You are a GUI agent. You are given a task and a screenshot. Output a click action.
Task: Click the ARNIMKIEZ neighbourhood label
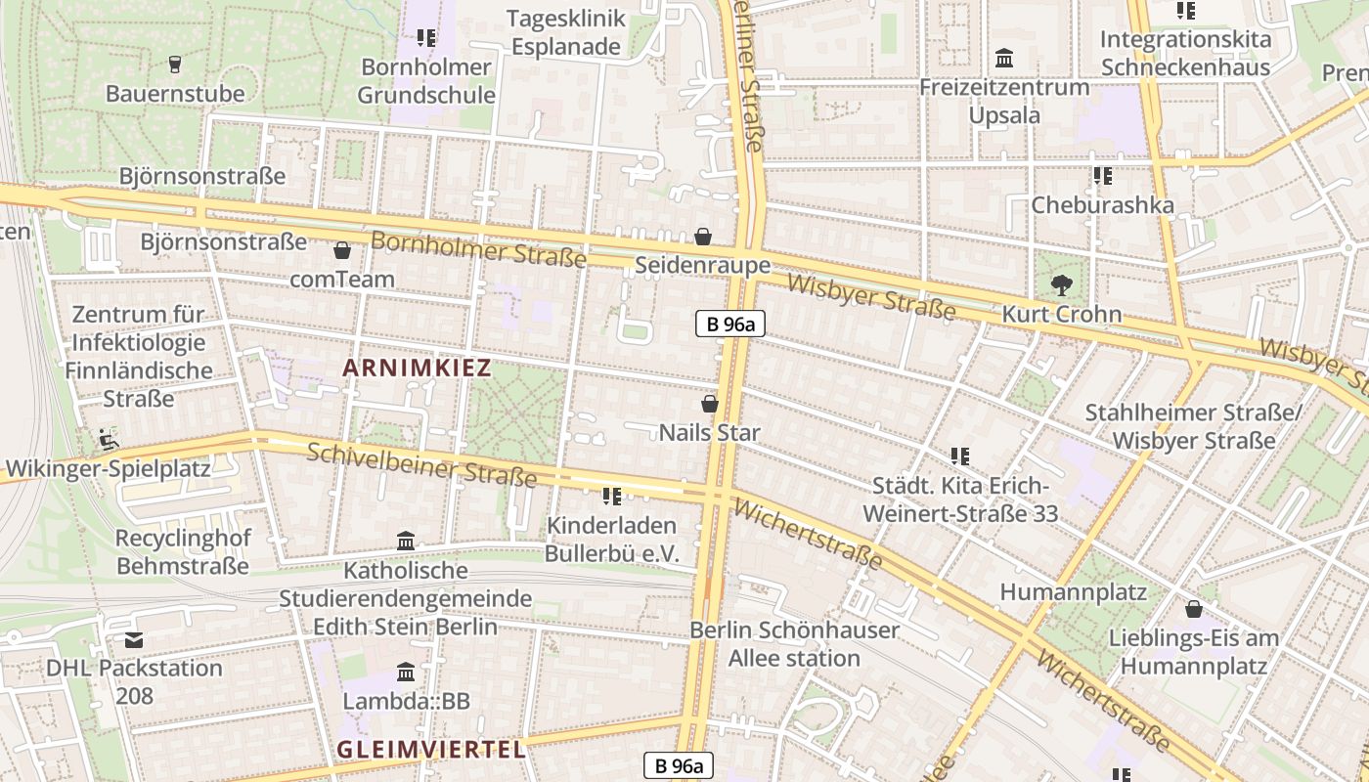pos(418,369)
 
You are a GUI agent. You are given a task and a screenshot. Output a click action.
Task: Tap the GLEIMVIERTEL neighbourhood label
pos(431,750)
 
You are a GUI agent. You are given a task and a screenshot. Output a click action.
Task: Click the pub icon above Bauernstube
pos(175,65)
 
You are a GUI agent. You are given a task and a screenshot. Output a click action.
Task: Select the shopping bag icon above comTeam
pos(342,250)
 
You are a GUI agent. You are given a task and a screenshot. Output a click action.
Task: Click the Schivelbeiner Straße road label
pos(421,464)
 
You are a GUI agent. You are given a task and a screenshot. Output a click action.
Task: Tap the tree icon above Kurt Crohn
pos(1061,286)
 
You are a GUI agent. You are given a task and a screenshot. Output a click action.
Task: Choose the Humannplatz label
pos(1073,591)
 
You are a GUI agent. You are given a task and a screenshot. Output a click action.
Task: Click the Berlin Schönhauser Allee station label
pos(794,643)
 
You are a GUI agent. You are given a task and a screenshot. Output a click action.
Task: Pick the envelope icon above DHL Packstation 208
pos(134,640)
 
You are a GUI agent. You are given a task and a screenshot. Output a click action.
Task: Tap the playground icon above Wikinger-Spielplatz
pos(109,439)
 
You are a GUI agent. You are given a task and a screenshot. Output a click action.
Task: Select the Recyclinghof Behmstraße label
pos(183,551)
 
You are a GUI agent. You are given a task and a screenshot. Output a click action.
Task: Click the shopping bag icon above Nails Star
pos(710,403)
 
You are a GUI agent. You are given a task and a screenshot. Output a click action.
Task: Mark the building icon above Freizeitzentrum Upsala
pos(1004,59)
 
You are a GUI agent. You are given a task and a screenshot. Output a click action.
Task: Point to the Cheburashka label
pos(1102,205)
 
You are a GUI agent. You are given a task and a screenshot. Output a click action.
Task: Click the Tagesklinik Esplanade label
pos(565,32)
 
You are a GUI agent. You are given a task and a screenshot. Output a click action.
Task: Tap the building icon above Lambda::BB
pos(406,672)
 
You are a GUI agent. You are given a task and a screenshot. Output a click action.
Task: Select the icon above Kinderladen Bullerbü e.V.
pos(612,497)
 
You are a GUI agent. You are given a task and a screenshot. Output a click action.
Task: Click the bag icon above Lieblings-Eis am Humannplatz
pos(1194,609)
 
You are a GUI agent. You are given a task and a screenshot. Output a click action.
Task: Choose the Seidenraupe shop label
pos(702,265)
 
